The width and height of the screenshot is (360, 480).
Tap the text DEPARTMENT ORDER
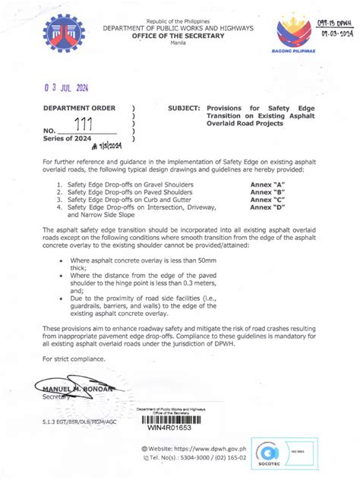(78, 109)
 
